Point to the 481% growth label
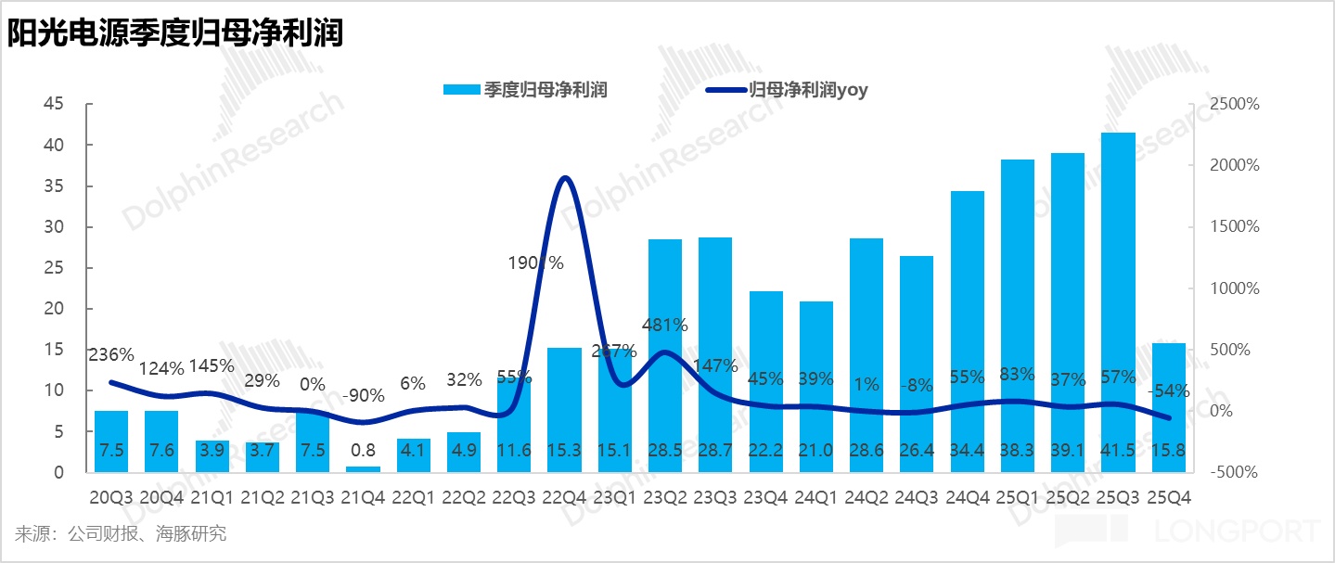coord(664,326)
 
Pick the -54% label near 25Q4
coord(1166,391)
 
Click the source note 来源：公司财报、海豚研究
coord(120,534)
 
